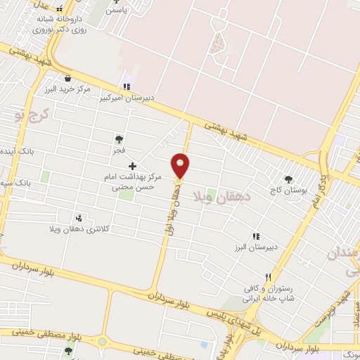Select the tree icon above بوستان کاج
tap(288, 179)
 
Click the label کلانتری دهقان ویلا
tap(72, 229)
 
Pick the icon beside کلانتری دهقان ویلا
tap(78, 218)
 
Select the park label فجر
tap(120, 150)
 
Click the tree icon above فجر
tap(119, 139)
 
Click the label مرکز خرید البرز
tap(67, 90)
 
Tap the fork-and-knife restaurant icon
tap(267, 278)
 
